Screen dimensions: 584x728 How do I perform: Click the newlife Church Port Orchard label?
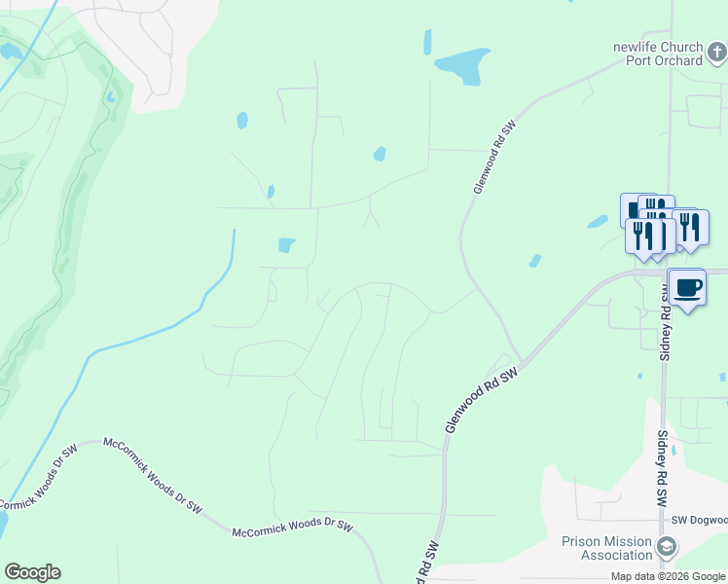(x=657, y=54)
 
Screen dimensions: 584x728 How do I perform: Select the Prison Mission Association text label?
(x=607, y=548)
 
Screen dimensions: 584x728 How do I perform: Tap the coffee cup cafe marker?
(x=687, y=288)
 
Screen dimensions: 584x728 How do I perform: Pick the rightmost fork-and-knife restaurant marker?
(x=690, y=228)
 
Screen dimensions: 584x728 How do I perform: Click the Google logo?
(x=32, y=572)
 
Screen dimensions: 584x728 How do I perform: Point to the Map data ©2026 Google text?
(x=669, y=577)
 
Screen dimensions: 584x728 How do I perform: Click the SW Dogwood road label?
(x=699, y=520)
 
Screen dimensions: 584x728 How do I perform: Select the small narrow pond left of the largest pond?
(x=427, y=42)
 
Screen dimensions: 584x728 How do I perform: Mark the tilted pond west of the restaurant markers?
(x=598, y=222)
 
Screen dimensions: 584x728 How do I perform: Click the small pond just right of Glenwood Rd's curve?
(x=534, y=261)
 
